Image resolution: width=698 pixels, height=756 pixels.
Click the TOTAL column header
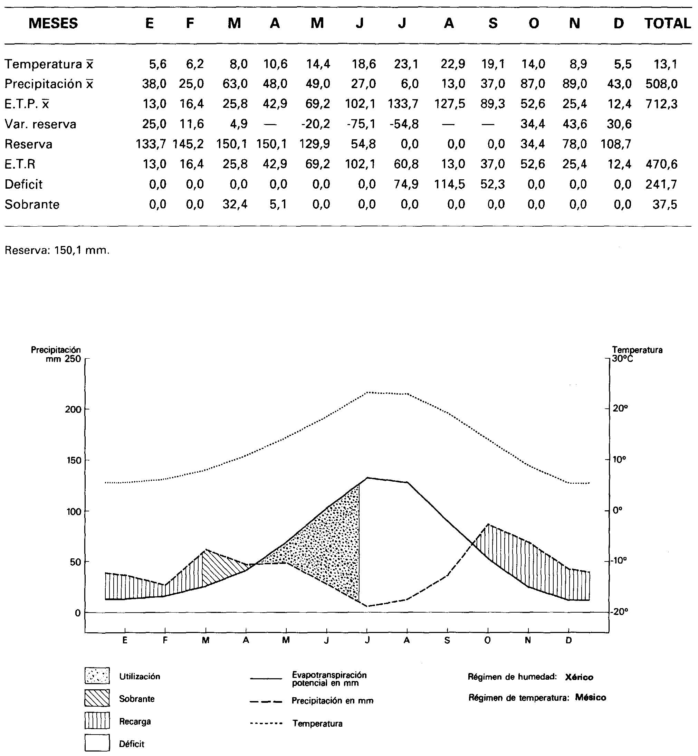pyautogui.click(x=667, y=23)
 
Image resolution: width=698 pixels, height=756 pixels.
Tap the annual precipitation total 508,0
pyautogui.click(x=661, y=84)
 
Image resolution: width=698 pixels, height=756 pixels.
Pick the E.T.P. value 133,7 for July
pyautogui.click(x=403, y=104)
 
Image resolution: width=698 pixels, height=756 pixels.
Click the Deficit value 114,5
pyautogui.click(x=449, y=185)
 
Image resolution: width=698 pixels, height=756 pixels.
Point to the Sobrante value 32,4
pyautogui.click(x=235, y=205)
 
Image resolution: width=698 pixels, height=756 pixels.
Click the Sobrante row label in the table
pyautogui.click(x=32, y=205)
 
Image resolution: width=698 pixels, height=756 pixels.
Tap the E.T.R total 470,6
pyautogui.click(x=661, y=164)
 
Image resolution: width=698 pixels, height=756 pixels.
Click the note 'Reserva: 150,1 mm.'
pyautogui.click(x=57, y=250)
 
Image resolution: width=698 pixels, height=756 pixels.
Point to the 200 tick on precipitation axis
pyautogui.click(x=73, y=409)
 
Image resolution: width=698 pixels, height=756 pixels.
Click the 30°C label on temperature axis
pyautogui.click(x=622, y=359)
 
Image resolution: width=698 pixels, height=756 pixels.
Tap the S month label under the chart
pyautogui.click(x=447, y=640)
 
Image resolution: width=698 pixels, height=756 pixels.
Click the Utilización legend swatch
pyautogui.click(x=97, y=676)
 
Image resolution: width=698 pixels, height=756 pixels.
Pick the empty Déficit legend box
pyautogui.click(x=97, y=743)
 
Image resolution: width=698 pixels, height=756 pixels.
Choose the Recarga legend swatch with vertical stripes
pyautogui.click(x=97, y=720)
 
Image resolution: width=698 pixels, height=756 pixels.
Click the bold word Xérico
pyautogui.click(x=579, y=677)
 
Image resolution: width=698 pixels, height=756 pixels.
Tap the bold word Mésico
pyautogui.click(x=590, y=698)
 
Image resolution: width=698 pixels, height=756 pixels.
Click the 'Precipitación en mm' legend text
pyautogui.click(x=332, y=701)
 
